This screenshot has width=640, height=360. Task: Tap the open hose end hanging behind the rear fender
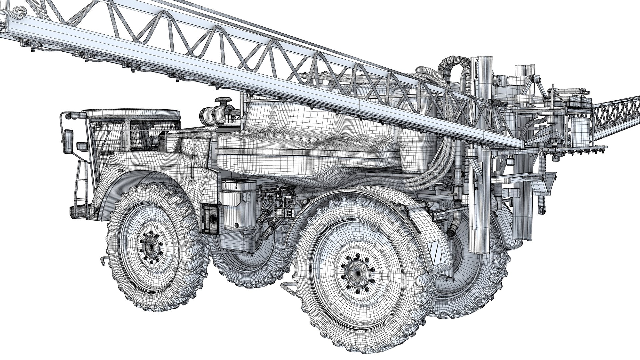click(453, 230)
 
